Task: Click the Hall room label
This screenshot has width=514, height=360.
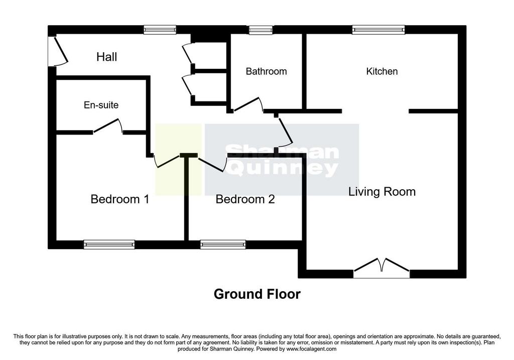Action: tap(106, 57)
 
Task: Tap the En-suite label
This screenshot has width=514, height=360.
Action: tap(101, 105)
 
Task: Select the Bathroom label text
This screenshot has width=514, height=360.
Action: tap(266, 71)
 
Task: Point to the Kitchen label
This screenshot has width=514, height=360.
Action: tap(382, 71)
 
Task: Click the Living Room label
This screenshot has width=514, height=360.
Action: tap(382, 191)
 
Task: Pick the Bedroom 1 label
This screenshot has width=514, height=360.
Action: tap(120, 199)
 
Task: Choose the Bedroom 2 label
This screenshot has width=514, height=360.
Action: tap(245, 199)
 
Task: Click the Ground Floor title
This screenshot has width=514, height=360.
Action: tap(257, 294)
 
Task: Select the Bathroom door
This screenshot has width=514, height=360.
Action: tap(248, 105)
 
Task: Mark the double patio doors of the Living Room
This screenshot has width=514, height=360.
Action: tap(381, 268)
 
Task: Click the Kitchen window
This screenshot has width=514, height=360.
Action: tap(378, 30)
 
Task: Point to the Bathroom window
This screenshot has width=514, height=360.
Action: tap(261, 30)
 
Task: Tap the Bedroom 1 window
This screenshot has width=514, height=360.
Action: tap(109, 245)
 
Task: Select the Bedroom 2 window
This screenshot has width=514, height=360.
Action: tap(223, 245)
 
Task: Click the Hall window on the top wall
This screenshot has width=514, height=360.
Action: tap(160, 30)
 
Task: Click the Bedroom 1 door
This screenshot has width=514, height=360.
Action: tap(167, 160)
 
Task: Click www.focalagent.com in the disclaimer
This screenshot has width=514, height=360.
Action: tap(311, 349)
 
